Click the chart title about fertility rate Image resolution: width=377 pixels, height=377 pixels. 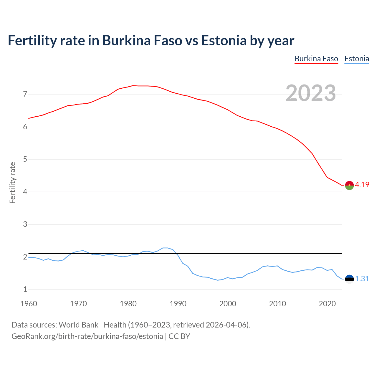(151, 40)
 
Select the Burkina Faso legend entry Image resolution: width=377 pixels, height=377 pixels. (316, 59)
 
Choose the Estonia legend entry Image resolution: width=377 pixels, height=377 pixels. (357, 59)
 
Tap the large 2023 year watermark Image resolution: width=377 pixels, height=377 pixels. (311, 93)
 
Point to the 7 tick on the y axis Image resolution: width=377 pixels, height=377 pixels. (25, 94)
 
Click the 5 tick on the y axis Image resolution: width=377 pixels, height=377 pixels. (25, 159)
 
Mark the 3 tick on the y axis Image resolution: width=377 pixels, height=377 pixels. (25, 224)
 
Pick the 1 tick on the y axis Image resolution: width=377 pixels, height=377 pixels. (25, 290)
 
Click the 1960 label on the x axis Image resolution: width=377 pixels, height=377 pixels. (29, 304)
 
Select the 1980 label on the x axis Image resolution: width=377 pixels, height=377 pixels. (128, 304)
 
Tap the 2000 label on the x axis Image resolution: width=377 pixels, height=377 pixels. (228, 304)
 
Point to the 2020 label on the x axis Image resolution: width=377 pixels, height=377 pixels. (327, 304)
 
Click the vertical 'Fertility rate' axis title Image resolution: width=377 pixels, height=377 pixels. (12, 183)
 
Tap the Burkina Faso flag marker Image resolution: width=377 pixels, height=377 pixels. (349, 185)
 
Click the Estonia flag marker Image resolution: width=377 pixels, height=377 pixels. (349, 279)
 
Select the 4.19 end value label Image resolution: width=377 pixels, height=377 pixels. (362, 185)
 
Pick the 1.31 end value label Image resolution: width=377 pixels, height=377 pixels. (362, 279)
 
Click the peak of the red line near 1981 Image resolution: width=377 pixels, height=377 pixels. (133, 86)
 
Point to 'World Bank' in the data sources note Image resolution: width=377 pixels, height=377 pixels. (78, 325)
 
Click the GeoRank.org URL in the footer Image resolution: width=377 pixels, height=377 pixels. (87, 336)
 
